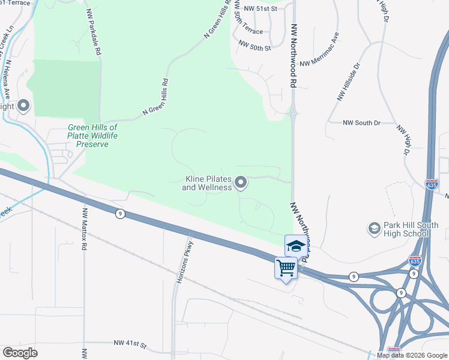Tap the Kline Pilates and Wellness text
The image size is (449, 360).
coord(207,183)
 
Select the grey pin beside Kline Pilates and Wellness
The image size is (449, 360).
coord(241,182)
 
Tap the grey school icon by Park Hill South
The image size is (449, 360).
coord(374,229)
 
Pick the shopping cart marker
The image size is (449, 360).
coord(286,268)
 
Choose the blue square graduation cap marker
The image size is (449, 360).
coord(295,245)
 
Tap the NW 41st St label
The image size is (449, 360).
coord(130,344)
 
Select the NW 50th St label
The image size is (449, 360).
coord(255,44)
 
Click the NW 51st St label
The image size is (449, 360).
coord(261,9)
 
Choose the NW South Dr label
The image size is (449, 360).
coord(361,122)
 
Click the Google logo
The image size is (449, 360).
coord(20,353)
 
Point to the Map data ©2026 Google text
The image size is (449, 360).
coord(411,355)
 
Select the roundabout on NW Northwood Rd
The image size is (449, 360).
coord(293,112)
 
